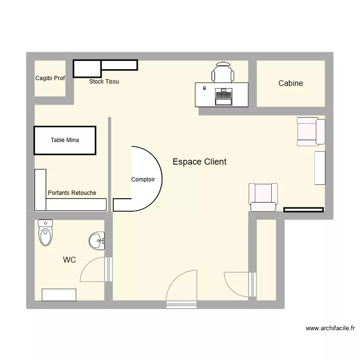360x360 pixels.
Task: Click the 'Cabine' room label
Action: (290, 83)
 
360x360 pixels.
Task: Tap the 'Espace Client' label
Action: (199, 162)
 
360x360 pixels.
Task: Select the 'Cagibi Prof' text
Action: (50, 78)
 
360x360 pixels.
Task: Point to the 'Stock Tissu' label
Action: (104, 82)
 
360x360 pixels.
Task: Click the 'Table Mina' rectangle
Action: (65, 140)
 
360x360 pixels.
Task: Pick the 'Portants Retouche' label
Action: (72, 193)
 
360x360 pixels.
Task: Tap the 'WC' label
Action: (70, 260)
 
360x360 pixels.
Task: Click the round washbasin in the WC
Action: (97, 240)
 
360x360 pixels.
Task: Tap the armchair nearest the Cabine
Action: (311, 132)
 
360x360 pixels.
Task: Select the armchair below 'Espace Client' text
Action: (263, 197)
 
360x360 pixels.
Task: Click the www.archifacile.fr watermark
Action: (330, 328)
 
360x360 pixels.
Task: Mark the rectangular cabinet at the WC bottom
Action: (59, 295)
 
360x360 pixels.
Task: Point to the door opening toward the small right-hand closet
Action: (238, 285)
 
